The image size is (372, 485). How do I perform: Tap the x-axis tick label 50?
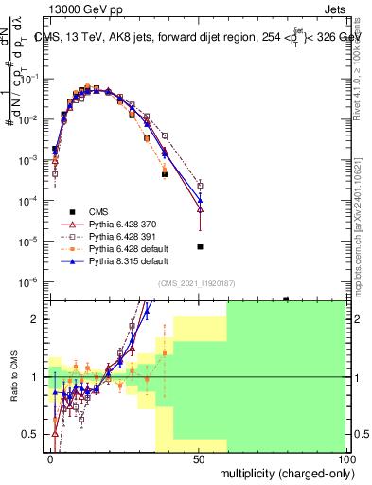click(x=198, y=458)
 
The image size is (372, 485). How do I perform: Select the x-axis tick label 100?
click(x=345, y=458)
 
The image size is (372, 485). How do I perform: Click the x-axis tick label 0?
click(x=50, y=458)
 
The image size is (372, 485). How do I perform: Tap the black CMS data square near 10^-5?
click(x=200, y=247)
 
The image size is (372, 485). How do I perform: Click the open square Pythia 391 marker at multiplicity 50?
click(x=200, y=186)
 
